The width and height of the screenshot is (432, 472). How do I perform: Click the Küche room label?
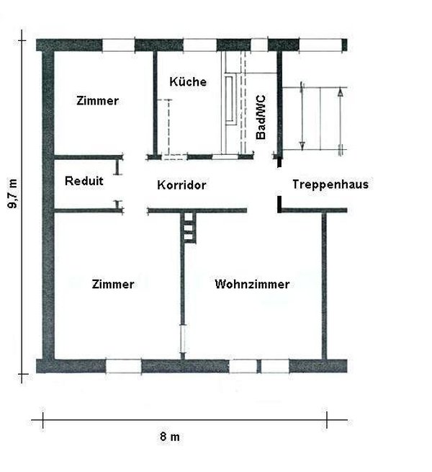(x=188, y=82)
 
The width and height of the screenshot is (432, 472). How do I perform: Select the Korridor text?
(x=181, y=185)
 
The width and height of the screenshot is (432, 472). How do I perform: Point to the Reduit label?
(x=84, y=181)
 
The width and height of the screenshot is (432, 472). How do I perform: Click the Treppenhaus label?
(x=330, y=184)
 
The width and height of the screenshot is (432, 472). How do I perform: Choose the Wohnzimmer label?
(x=252, y=284)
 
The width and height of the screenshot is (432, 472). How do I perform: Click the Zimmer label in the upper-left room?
(x=97, y=101)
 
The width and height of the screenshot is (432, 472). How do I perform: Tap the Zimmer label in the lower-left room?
(x=113, y=284)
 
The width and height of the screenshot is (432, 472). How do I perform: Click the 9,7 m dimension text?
(x=13, y=193)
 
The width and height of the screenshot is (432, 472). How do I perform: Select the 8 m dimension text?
(x=169, y=437)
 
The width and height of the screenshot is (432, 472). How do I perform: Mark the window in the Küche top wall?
(x=199, y=45)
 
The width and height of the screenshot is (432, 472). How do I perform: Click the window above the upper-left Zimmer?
(x=118, y=45)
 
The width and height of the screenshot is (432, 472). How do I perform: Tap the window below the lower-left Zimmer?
(x=123, y=366)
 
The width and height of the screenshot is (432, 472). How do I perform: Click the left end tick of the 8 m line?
(x=44, y=419)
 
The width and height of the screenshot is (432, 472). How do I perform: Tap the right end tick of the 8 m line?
(x=328, y=419)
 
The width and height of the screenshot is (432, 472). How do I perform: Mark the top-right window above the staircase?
(x=322, y=45)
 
